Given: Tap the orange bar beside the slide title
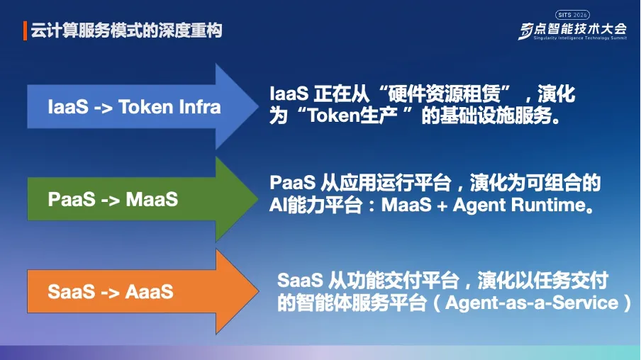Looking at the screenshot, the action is tap(26, 31).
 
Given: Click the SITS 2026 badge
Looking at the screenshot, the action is tap(572, 15).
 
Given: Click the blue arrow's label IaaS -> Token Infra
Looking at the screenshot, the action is tap(134, 107).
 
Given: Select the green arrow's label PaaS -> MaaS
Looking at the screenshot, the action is tap(113, 199).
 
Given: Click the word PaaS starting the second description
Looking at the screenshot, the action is tap(292, 184).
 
